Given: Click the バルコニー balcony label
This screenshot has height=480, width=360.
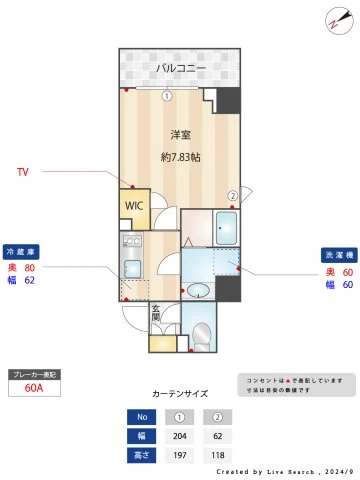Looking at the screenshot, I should click(180, 68).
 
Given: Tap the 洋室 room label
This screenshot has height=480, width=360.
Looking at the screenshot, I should click(180, 134).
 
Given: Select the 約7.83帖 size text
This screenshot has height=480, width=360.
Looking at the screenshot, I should click(180, 157).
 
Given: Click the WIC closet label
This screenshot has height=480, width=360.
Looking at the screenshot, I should click(133, 207).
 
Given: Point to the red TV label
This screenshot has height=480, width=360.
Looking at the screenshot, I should click(22, 172).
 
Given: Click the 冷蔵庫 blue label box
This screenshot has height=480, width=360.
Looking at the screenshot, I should click(21, 252).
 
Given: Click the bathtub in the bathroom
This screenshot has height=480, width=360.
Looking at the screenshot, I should click(226, 229).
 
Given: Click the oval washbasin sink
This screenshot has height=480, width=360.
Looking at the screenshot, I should click(198, 290).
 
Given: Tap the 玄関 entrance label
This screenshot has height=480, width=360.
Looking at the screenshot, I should click(156, 314).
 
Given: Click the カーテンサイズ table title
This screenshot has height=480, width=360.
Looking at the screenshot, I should click(180, 393).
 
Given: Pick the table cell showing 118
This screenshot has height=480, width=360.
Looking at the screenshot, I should click(218, 456).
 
